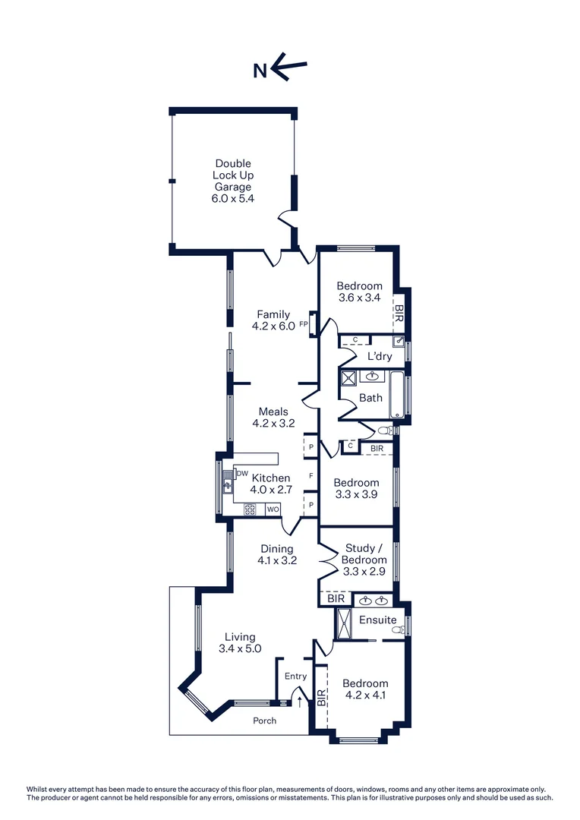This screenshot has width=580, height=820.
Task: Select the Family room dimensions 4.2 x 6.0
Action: pyautogui.click(x=273, y=326)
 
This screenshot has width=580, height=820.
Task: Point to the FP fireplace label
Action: pyautogui.click(x=303, y=325)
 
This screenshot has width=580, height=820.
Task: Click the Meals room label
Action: pyautogui.click(x=273, y=412)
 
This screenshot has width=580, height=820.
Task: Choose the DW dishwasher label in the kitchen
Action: pyautogui.click(x=242, y=474)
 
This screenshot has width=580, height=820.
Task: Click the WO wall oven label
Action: pyautogui.click(x=272, y=509)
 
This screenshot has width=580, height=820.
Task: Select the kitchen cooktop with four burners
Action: pyautogui.click(x=250, y=509)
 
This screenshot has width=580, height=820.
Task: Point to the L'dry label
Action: pyautogui.click(x=379, y=356)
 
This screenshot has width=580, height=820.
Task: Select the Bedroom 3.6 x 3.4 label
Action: pyautogui.click(x=359, y=292)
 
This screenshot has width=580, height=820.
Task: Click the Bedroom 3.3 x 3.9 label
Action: pyautogui.click(x=356, y=488)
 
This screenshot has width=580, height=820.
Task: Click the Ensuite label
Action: pyautogui.click(x=377, y=620)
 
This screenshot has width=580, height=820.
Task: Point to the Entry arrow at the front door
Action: pyautogui.click(x=299, y=702)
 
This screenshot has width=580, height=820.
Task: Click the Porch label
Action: pyautogui.click(x=264, y=721)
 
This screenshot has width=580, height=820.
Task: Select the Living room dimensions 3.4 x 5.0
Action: pyautogui.click(x=240, y=648)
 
